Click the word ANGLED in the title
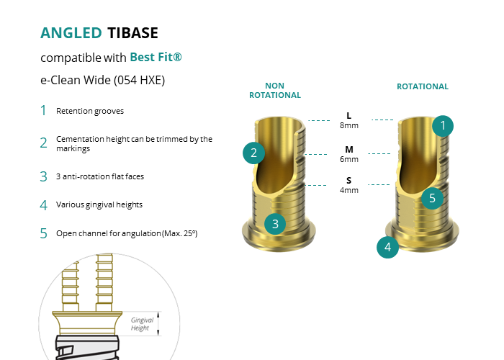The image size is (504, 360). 71,33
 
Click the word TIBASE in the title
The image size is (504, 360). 132,33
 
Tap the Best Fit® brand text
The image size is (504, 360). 156,57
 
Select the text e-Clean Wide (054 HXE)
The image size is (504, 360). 102,80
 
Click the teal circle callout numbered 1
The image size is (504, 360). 443,126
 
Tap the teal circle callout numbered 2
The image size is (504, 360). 253,153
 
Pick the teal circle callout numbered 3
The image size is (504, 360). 275,224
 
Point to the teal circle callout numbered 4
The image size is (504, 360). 387,247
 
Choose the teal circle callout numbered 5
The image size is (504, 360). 432,198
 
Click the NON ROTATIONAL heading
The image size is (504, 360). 275,90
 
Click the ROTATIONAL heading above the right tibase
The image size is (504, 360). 423,86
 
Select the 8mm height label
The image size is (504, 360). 349,125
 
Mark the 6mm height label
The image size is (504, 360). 349,159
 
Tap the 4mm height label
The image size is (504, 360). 349,190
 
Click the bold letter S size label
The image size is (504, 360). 348,180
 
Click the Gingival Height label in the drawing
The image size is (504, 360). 142,324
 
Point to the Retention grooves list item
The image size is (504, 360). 90,111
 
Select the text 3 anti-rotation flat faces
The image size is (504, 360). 100,176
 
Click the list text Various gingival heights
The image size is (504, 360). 99,204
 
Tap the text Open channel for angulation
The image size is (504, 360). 109,233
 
